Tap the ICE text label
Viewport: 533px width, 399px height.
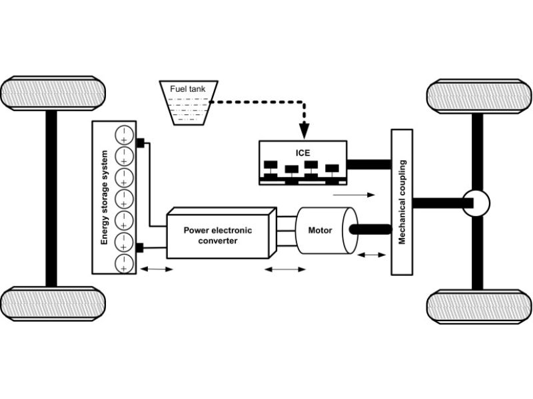(303, 152)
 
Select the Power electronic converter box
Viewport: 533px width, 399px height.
(218, 235)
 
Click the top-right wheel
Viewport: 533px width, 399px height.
(479, 96)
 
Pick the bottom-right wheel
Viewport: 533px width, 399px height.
(479, 307)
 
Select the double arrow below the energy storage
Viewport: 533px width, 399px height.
(155, 269)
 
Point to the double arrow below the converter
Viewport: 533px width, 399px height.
(285, 269)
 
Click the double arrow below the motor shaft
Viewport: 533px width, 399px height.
(372, 255)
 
